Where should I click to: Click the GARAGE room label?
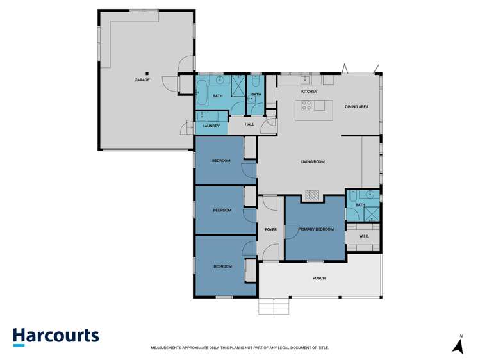(x=142, y=80)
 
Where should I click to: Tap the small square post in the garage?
(x=147, y=73)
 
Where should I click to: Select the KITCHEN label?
(x=310, y=92)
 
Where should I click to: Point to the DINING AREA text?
(x=356, y=106)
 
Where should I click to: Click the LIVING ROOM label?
(x=312, y=161)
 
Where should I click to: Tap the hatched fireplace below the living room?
(x=312, y=195)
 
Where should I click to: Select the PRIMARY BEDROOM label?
(x=315, y=229)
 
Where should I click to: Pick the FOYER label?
(x=271, y=229)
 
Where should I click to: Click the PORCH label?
(x=319, y=278)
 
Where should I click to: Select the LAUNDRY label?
(x=211, y=126)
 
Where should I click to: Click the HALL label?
(x=249, y=124)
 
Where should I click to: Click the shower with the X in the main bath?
(x=238, y=85)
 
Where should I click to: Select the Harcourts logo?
(x=56, y=336)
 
